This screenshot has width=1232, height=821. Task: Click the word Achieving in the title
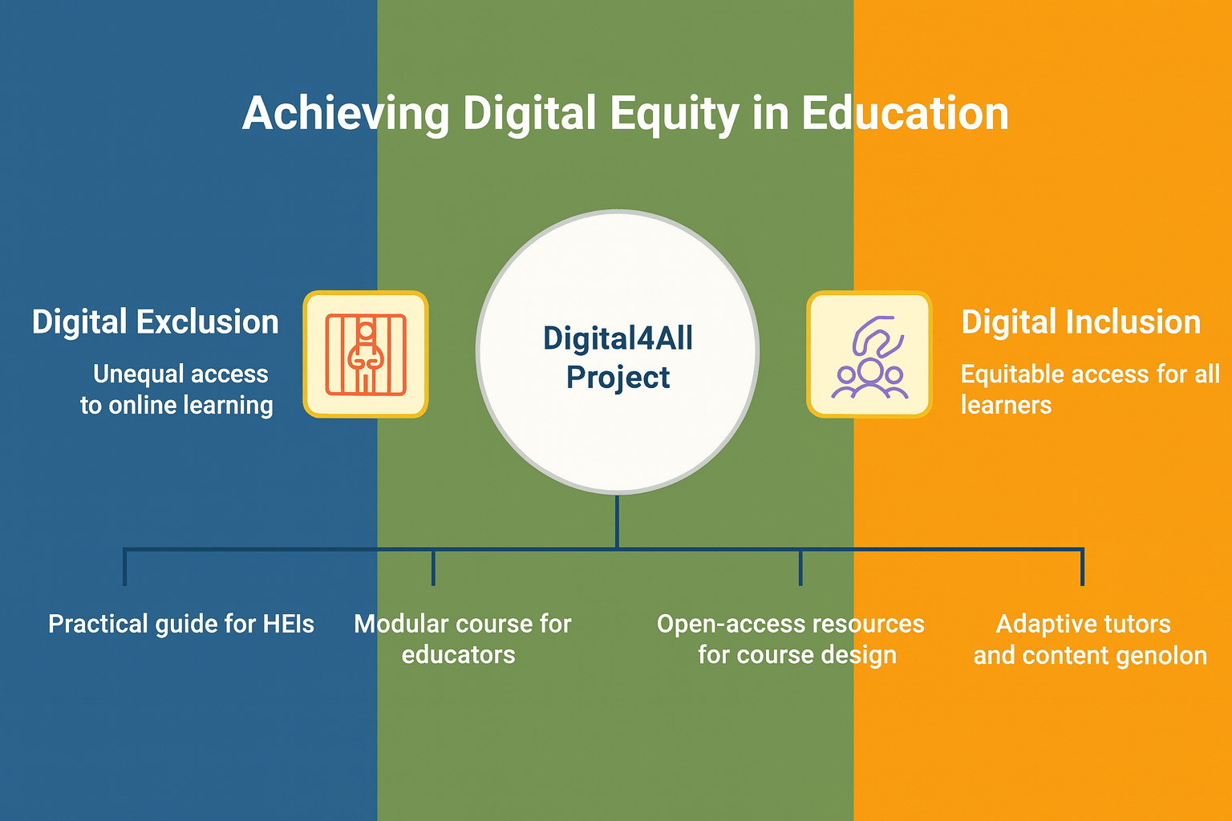[x=346, y=115]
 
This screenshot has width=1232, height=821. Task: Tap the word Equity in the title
[x=675, y=115]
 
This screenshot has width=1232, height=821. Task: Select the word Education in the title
[x=905, y=113]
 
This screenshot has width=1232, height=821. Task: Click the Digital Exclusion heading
[x=155, y=322]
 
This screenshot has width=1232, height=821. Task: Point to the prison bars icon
[x=366, y=354]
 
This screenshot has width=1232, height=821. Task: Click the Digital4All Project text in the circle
[x=618, y=358]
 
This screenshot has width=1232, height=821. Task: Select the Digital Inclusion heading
[x=1080, y=322]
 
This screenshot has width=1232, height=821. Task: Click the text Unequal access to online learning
[x=177, y=390]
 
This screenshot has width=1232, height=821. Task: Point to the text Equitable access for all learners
[x=1090, y=390]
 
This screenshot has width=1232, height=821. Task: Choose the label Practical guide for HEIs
[x=181, y=625]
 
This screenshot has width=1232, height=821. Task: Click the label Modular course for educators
[x=463, y=639]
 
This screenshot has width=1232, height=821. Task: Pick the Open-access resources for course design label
[x=791, y=639]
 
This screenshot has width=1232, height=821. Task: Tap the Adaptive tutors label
[x=1084, y=624]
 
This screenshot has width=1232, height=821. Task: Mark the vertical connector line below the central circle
[x=617, y=521]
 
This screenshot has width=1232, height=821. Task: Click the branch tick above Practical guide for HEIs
[x=125, y=567]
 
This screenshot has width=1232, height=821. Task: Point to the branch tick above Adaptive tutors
[x=1082, y=567]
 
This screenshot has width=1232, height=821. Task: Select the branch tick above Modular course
[x=433, y=567]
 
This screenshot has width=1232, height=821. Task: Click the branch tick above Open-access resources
[x=800, y=567]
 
